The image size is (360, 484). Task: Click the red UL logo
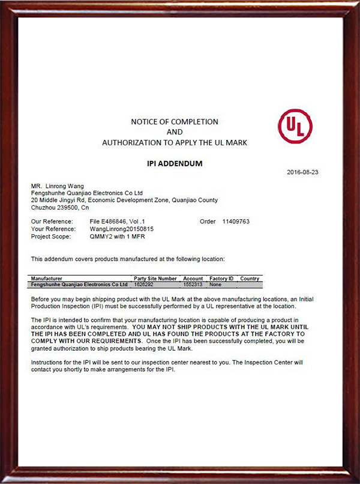click(x=295, y=126)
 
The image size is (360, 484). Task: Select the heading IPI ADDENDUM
click(x=175, y=163)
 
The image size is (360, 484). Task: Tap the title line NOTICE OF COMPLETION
click(x=175, y=122)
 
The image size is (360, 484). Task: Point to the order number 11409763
click(x=236, y=222)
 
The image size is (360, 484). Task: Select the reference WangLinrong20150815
click(x=122, y=229)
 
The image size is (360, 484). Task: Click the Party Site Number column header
click(x=155, y=279)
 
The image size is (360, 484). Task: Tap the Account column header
click(x=193, y=279)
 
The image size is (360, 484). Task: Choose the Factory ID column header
click(x=221, y=279)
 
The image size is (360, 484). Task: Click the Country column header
click(x=249, y=279)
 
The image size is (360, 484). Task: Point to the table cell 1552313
click(x=193, y=284)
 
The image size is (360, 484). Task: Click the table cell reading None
click(x=216, y=284)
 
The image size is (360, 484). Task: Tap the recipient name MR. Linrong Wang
click(x=58, y=186)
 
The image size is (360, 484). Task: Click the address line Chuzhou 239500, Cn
click(x=60, y=207)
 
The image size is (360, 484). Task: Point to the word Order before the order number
click(x=208, y=222)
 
